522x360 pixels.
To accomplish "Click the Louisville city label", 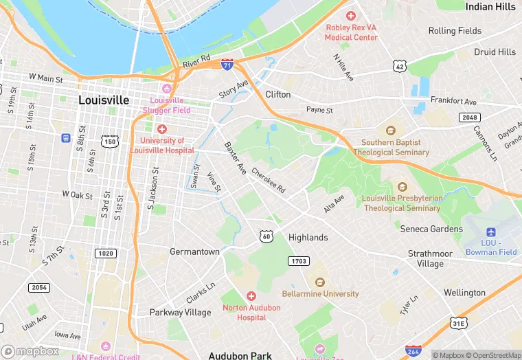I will (104, 100).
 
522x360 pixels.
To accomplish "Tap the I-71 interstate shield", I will (227, 64).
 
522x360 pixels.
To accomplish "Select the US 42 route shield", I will (398, 65).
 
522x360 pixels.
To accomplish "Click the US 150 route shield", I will (109, 142).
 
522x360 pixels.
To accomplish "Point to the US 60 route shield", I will (266, 236).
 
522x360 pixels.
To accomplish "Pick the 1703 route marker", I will (299, 261).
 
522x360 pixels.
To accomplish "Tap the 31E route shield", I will (458, 323).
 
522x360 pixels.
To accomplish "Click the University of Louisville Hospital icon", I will (162, 129).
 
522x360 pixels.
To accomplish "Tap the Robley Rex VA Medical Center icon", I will (351, 16).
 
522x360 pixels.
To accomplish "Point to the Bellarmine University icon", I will (319, 282).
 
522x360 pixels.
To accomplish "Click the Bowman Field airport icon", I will (490, 232).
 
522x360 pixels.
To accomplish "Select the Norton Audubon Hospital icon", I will (250, 295).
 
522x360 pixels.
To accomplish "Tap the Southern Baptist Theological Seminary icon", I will (391, 131).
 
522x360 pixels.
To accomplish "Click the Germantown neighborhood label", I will (194, 252).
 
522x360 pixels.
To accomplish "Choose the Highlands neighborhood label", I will (308, 237).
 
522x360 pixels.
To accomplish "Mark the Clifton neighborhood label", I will (277, 94).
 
